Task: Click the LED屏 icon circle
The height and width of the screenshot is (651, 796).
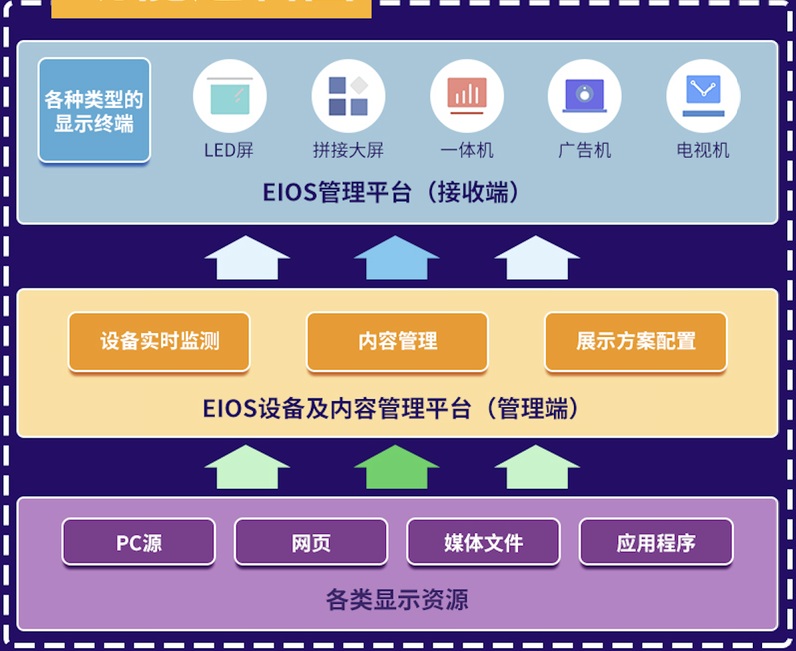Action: [230, 96]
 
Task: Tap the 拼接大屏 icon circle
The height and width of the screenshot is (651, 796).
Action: [348, 96]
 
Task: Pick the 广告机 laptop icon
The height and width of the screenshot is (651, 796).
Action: [585, 96]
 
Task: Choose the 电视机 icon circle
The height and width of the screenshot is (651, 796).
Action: [703, 96]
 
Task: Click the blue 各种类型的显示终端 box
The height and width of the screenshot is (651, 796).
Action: [94, 110]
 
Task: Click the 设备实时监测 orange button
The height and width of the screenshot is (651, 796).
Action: [159, 341]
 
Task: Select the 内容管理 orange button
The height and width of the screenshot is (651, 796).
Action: [397, 341]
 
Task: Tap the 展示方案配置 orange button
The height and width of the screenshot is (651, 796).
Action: [636, 341]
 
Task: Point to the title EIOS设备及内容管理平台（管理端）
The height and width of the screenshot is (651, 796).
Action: [391, 409]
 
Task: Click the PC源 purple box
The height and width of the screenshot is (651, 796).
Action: [139, 542]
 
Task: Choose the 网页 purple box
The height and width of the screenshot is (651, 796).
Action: [311, 542]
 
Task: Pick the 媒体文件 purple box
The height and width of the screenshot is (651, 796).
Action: [484, 542]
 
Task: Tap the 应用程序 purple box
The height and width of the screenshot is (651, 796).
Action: [656, 542]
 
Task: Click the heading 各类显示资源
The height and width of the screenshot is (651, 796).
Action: [397, 599]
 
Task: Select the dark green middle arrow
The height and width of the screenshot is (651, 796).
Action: [397, 468]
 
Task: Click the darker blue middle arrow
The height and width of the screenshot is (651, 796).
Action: [397, 258]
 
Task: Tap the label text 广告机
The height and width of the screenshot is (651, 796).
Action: [585, 150]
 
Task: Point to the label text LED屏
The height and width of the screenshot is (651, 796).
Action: [230, 150]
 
